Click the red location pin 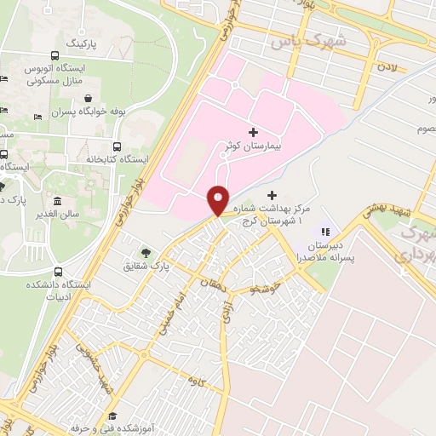click(x=218, y=200)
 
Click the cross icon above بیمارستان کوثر click(x=252, y=132)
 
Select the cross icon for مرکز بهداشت click(x=272, y=195)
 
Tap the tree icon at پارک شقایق click(x=146, y=252)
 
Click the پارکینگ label click(x=88, y=41)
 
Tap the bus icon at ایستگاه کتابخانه click(x=116, y=146)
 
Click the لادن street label click(x=390, y=65)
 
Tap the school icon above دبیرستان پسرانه click(x=323, y=230)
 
